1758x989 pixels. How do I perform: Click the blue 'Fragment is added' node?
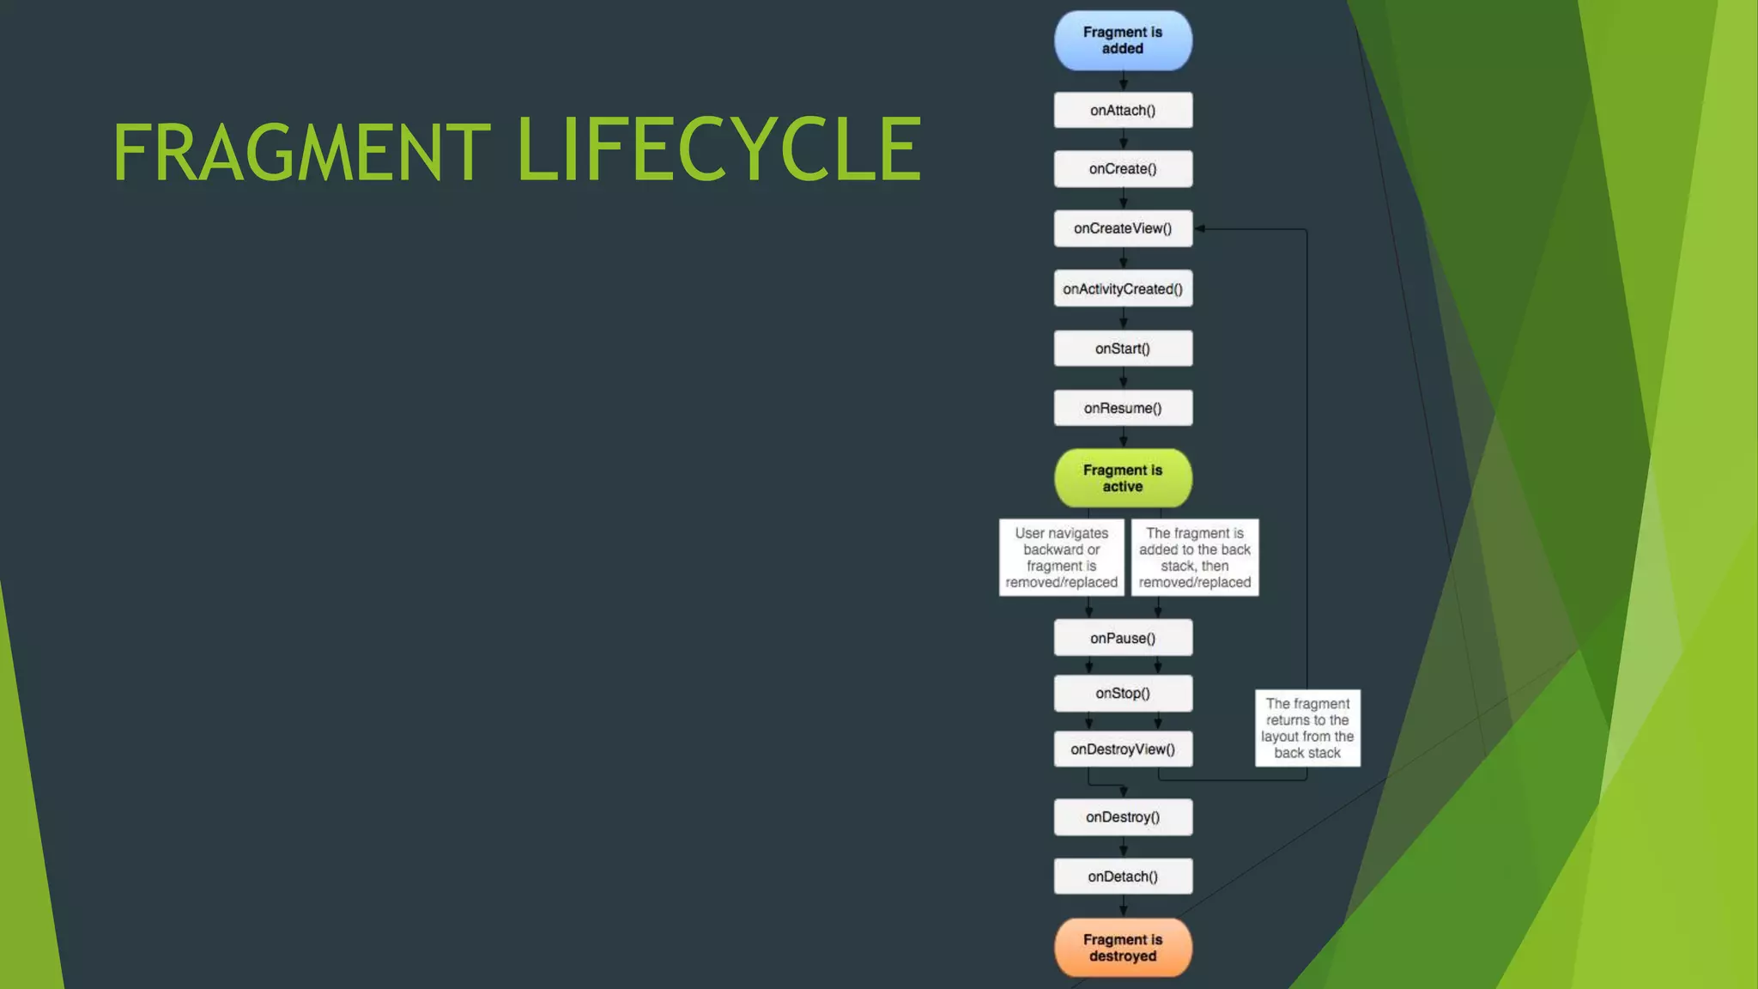click(1123, 40)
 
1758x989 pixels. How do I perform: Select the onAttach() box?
click(1123, 110)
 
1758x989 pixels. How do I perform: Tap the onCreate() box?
click(1123, 169)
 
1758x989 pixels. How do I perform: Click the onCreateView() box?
click(1123, 228)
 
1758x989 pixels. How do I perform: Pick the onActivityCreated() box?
click(1123, 288)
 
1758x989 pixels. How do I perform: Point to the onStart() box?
click(1123, 349)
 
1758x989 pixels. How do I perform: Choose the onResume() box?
click(1123, 408)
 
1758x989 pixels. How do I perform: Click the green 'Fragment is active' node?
click(1123, 478)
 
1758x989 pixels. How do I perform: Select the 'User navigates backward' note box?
click(1061, 557)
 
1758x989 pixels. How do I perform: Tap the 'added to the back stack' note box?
click(1195, 557)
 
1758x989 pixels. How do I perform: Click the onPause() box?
click(1123, 638)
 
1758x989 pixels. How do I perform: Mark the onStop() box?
click(1123, 693)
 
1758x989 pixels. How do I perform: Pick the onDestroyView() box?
click(1123, 749)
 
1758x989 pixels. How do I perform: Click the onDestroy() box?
click(1123, 816)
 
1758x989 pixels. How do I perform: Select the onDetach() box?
click(1123, 877)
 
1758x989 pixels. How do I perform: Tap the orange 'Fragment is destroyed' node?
click(1123, 948)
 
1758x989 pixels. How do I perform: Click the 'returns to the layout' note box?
click(1307, 728)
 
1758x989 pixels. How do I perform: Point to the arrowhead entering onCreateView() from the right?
click(1201, 228)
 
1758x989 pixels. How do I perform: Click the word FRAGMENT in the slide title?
click(300, 153)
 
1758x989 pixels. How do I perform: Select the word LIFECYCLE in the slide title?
click(718, 150)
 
